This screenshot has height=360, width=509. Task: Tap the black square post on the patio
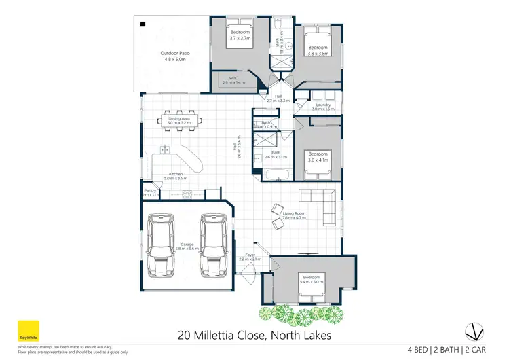click(143, 24)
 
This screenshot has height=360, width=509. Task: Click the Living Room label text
click(294, 216)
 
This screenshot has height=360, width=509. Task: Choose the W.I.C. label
click(233, 80)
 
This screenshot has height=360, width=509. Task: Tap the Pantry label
click(150, 193)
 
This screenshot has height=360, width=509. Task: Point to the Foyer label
click(250, 257)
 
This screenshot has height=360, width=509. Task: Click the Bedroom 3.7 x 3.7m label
click(240, 36)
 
